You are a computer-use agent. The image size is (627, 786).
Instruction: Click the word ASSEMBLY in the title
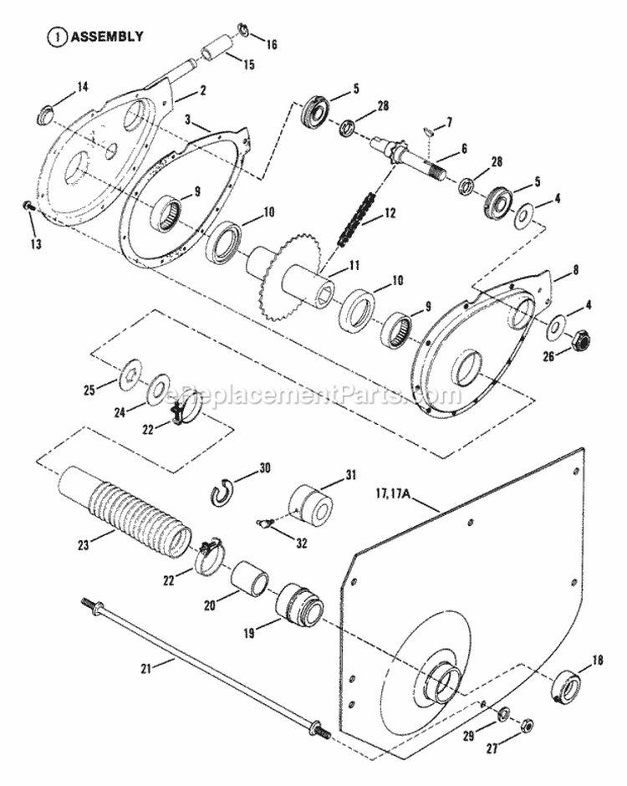(x=106, y=37)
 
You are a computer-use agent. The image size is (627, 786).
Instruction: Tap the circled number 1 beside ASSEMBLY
(x=57, y=37)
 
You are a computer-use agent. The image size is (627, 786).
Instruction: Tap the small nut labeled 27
(x=527, y=726)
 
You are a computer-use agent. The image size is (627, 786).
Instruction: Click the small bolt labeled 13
(x=28, y=205)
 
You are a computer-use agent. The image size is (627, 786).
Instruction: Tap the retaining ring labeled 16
(x=242, y=32)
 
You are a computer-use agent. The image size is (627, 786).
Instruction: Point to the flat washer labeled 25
(x=131, y=372)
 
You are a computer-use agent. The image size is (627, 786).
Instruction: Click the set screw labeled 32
(x=263, y=524)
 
